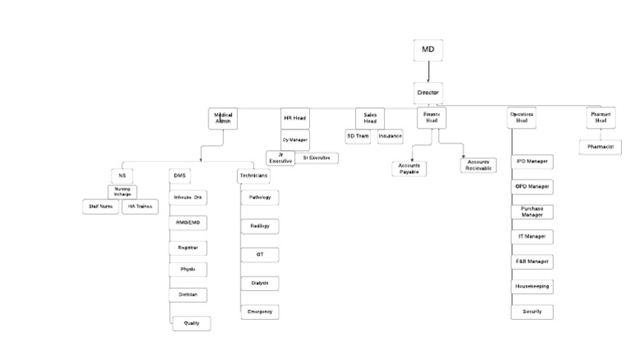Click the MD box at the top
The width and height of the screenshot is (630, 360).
click(x=427, y=50)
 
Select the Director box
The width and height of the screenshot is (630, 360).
click(x=428, y=93)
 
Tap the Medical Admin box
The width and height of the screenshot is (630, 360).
click(x=223, y=119)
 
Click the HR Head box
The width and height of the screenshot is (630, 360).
click(x=294, y=118)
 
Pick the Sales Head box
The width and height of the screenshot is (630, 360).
click(x=370, y=118)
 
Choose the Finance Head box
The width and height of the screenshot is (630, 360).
click(x=431, y=118)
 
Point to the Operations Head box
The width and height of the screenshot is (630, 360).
click(x=521, y=118)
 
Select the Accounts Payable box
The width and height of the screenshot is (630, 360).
click(x=409, y=168)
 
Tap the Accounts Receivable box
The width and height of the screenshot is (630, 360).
click(x=478, y=165)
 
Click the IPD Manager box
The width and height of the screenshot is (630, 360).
click(x=532, y=162)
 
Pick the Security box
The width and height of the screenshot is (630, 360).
click(x=532, y=312)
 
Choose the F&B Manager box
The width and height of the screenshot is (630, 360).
click(x=532, y=262)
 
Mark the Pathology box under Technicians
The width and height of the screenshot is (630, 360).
click(x=260, y=198)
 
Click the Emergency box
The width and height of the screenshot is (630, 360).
click(x=260, y=312)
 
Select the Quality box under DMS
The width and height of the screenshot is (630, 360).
click(x=192, y=323)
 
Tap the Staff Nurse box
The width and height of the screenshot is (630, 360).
click(x=101, y=207)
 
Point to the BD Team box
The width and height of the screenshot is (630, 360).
click(x=358, y=136)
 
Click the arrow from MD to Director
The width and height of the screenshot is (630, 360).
click(x=428, y=72)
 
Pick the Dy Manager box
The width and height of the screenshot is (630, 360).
click(x=294, y=140)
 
